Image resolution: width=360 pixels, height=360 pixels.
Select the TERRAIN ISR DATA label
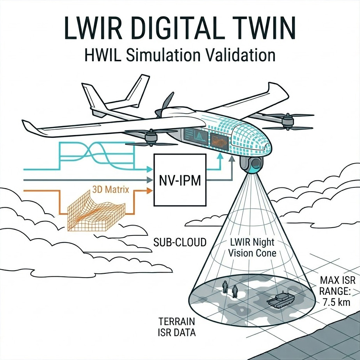(x=177, y=327)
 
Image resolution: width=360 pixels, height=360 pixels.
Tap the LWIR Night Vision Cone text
(x=252, y=248)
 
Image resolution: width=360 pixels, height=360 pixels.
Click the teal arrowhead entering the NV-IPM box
(x=150, y=169)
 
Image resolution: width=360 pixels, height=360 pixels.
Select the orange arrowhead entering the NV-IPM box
(x=150, y=191)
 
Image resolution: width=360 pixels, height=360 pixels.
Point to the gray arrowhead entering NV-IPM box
(x=150, y=180)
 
